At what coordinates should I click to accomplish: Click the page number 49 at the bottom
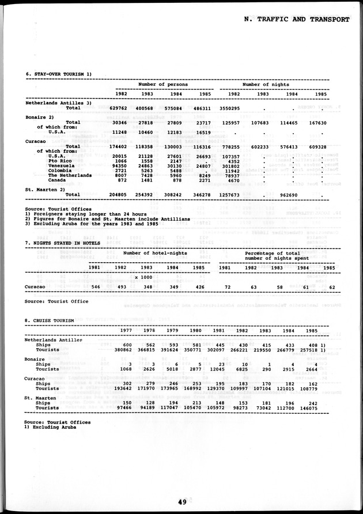click(x=181, y=502)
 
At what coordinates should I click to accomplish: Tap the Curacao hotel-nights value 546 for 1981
click(x=96, y=286)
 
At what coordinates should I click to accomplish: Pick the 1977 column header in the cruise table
click(x=127, y=330)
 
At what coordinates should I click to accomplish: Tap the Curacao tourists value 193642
click(x=126, y=388)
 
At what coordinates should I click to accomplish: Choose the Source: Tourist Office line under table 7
click(x=57, y=301)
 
